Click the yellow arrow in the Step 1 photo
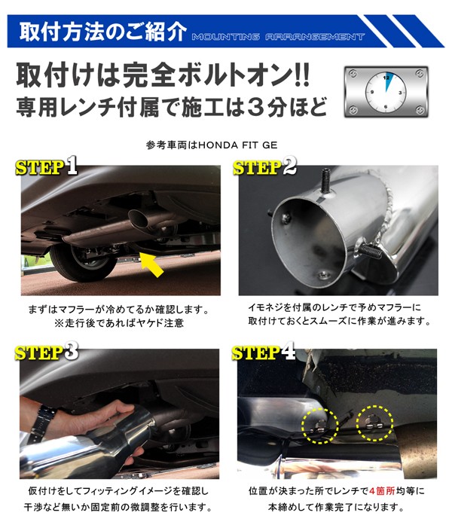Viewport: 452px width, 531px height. point(152,265)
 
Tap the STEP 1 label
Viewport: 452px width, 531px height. point(47,166)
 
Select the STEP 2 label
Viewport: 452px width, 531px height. point(264,166)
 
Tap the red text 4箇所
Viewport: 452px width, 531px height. point(382,490)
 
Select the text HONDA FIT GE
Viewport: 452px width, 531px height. point(238,145)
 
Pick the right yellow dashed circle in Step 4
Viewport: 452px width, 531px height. point(374,423)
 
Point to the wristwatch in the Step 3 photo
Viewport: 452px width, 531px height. point(41,424)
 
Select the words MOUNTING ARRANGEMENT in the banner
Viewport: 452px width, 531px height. point(278,37)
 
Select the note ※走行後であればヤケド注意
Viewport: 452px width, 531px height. point(119,322)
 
